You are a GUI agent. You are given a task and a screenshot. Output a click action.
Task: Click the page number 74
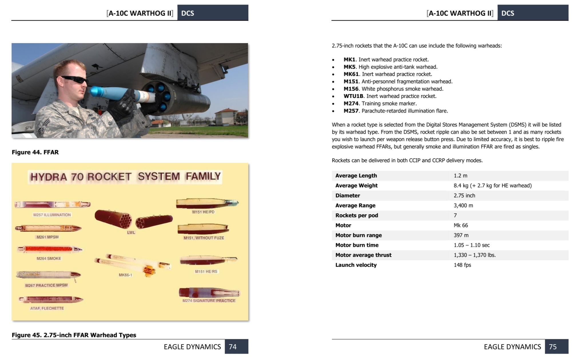(233, 347)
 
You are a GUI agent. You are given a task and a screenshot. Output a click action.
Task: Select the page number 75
(553, 347)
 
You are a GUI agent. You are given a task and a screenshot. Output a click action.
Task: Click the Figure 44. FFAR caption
(35, 152)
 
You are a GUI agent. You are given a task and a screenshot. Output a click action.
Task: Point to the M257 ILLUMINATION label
(52, 215)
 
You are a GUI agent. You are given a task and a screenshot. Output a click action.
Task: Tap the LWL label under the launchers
(131, 233)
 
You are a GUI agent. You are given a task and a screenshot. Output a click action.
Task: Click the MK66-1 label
(125, 275)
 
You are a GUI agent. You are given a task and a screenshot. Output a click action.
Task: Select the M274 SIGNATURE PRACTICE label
(209, 301)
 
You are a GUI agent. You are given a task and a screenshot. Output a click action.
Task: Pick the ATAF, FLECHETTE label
(47, 308)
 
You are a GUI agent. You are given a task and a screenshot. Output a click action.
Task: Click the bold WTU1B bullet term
(353, 96)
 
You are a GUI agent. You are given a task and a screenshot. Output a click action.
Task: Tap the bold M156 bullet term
(351, 89)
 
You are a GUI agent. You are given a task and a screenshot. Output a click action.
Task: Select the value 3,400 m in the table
(463, 205)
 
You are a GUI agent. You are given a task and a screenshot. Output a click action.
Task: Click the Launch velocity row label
(356, 265)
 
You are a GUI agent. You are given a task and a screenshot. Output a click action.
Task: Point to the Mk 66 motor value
(461, 225)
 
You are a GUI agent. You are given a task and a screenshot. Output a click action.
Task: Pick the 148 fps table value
(462, 265)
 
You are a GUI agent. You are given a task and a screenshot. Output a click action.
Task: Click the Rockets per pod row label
(356, 215)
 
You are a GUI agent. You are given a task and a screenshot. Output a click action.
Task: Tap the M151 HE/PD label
(203, 212)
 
